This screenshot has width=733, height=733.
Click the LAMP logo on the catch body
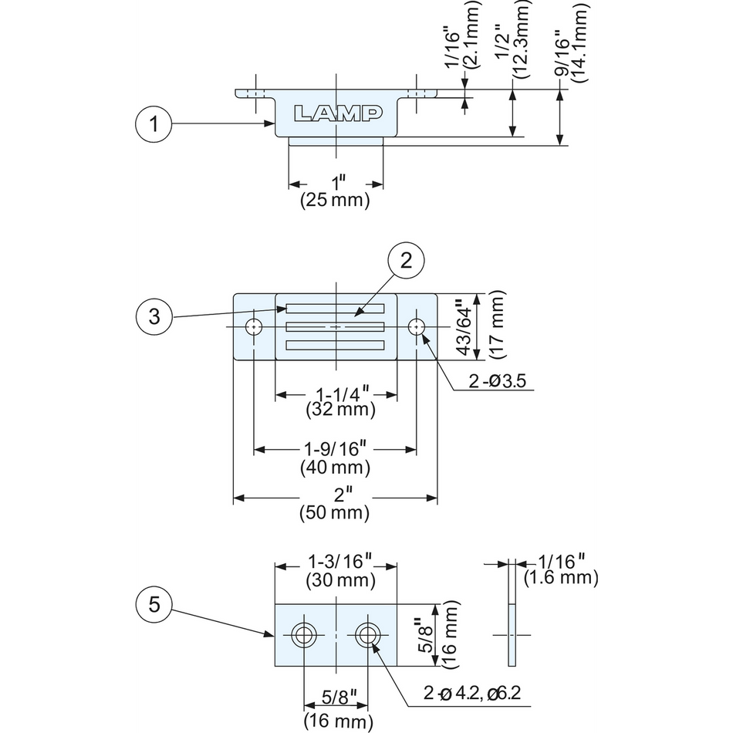click(x=338, y=113)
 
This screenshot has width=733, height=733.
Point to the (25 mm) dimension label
click(x=335, y=201)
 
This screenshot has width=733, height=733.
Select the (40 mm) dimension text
click(x=335, y=467)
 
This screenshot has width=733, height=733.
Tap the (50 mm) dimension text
click(x=335, y=512)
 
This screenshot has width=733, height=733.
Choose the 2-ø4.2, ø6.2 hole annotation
click(x=472, y=692)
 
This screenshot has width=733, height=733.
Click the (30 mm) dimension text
click(x=340, y=579)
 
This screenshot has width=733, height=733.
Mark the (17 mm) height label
click(x=496, y=324)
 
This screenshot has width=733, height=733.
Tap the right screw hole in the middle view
click(x=417, y=326)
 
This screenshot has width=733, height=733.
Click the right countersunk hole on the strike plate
click(x=367, y=636)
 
